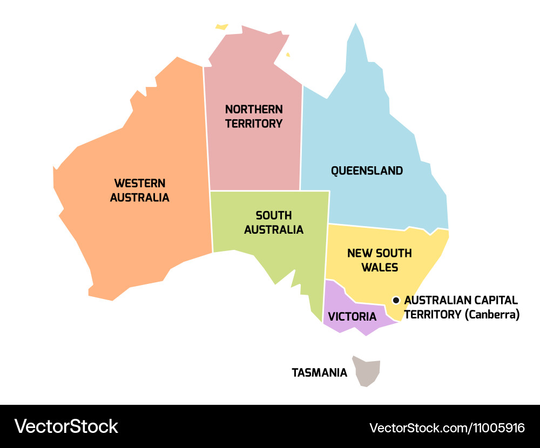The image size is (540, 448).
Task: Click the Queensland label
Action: pyautogui.click(x=367, y=171)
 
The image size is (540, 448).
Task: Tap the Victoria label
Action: pyautogui.click(x=352, y=316)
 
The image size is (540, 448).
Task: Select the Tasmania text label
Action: pyautogui.click(x=319, y=372)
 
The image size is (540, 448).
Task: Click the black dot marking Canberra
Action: pyautogui.click(x=396, y=300)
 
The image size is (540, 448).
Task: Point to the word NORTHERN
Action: pyautogui.click(x=254, y=109)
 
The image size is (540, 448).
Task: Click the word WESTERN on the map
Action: pyautogui.click(x=139, y=184)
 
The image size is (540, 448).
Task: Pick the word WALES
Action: pyautogui.click(x=380, y=267)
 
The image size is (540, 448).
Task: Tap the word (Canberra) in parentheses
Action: pyautogui.click(x=492, y=314)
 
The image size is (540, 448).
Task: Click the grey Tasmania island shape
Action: pyautogui.click(x=367, y=371)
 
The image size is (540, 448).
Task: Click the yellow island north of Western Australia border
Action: pyautogui.click(x=221, y=26)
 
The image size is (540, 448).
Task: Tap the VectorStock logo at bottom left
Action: pyautogui.click(x=66, y=426)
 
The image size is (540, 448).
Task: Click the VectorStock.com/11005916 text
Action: pyautogui.click(x=447, y=428)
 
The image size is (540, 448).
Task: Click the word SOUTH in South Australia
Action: pyautogui.click(x=274, y=215)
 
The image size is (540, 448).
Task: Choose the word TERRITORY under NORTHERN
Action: pyautogui.click(x=254, y=124)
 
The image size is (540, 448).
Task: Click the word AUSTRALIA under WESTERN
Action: pyautogui.click(x=139, y=198)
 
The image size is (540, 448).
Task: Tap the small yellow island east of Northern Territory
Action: pyautogui.click(x=288, y=55)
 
